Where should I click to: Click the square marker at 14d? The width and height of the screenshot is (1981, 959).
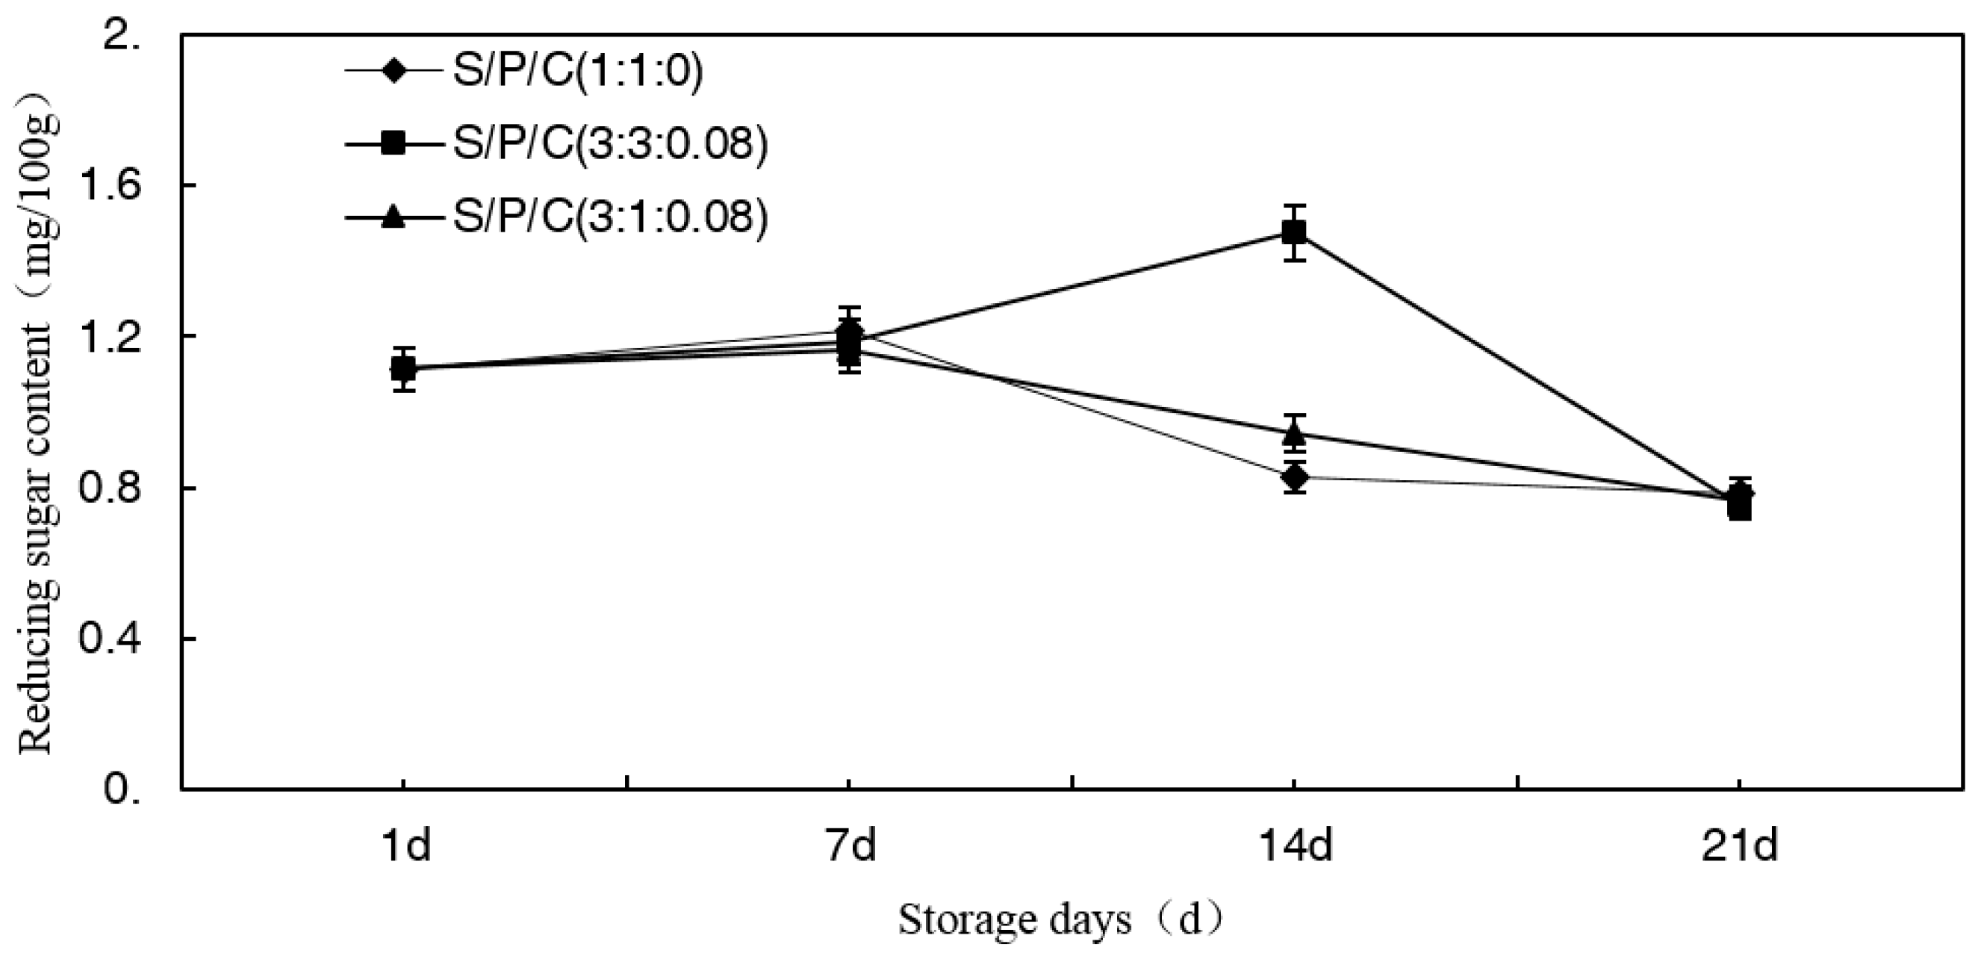point(1294,232)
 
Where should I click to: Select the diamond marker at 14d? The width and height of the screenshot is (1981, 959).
point(1295,477)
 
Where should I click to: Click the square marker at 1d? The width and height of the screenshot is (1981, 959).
point(403,369)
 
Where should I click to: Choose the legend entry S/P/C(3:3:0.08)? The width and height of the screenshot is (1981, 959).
point(610,144)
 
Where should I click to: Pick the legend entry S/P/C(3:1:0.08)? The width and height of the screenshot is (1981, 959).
point(610,216)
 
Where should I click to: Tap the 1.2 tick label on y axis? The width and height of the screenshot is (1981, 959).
point(110,337)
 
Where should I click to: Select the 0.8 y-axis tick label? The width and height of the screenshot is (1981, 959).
point(110,488)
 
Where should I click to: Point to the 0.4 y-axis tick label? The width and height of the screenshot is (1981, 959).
point(110,639)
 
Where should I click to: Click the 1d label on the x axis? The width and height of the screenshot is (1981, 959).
point(406,847)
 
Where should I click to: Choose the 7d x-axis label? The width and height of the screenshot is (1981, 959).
point(851,847)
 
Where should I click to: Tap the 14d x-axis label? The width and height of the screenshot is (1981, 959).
point(1295,847)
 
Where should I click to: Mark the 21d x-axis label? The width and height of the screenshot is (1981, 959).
point(1740,847)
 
